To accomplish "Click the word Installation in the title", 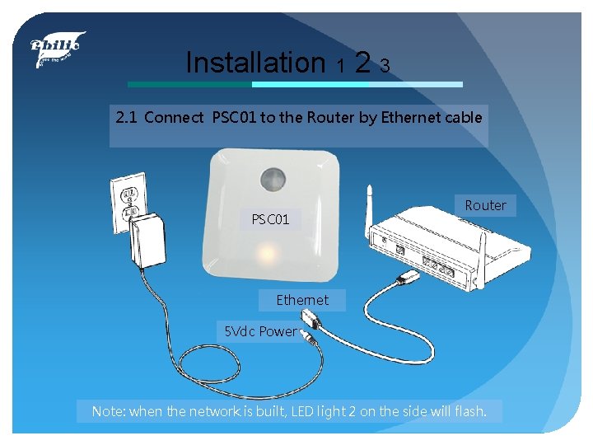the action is pyautogui.click(x=255, y=62).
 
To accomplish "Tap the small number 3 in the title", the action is pyautogui.click(x=385, y=65).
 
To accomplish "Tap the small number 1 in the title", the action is pyautogui.click(x=339, y=65).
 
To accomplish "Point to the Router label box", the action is pyautogui.click(x=486, y=205).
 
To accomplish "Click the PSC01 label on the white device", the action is pyautogui.click(x=270, y=220).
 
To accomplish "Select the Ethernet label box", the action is pyautogui.click(x=302, y=300).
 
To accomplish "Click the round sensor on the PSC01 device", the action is pyautogui.click(x=273, y=178).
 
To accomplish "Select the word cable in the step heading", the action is pyautogui.click(x=465, y=117).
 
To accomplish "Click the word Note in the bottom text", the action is pyautogui.click(x=106, y=410).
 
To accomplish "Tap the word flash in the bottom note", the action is pyautogui.click(x=469, y=410).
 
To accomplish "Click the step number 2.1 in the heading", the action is pyautogui.click(x=126, y=117).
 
